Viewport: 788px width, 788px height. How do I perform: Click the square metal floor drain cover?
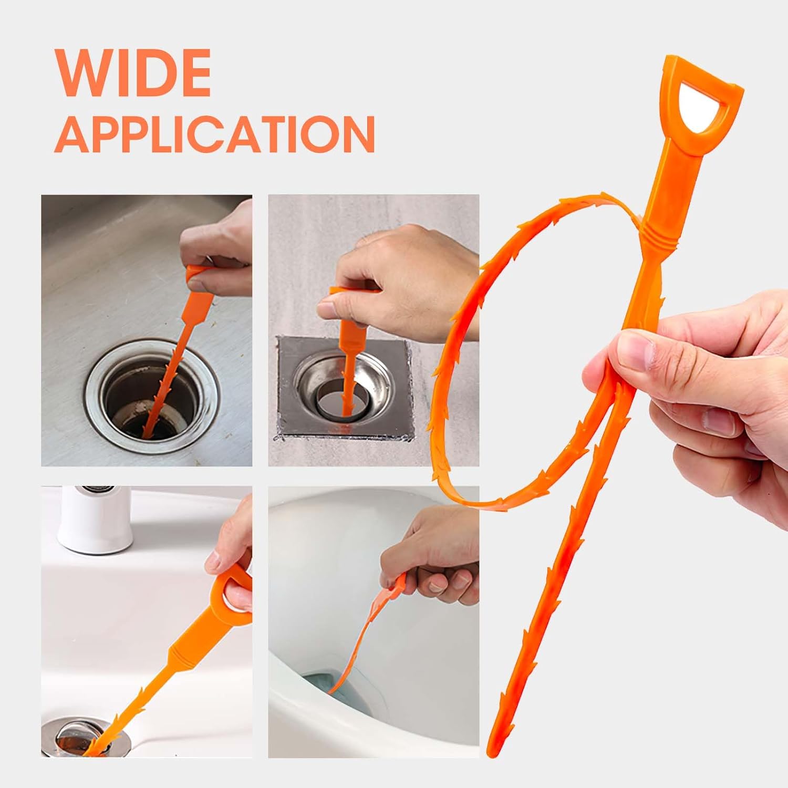click(345, 387)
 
